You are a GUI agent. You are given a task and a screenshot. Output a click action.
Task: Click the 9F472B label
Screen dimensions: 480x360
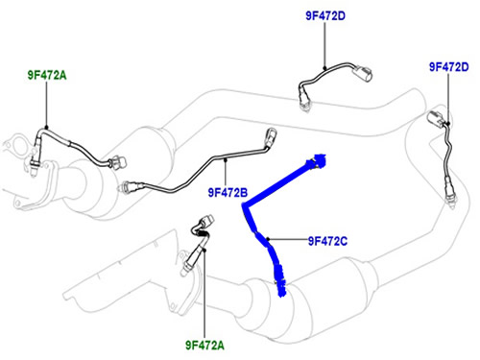pyautogui.click(x=228, y=193)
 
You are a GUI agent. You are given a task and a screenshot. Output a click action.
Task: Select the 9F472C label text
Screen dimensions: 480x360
pyautogui.click(x=327, y=241)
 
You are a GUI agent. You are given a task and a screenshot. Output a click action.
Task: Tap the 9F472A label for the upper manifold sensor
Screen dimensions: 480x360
pyautogui.click(x=47, y=75)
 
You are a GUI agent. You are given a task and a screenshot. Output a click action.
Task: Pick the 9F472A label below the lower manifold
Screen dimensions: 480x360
pyautogui.click(x=204, y=346)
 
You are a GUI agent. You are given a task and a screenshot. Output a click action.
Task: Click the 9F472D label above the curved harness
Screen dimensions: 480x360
pyautogui.click(x=325, y=15)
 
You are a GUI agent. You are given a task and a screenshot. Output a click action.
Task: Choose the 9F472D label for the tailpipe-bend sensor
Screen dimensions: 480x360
pyautogui.click(x=449, y=67)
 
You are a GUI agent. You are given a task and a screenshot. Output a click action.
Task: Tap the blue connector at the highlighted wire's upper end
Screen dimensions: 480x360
pyautogui.click(x=318, y=161)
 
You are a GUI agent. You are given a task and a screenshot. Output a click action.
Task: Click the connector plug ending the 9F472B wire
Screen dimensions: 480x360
pyautogui.click(x=271, y=136)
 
